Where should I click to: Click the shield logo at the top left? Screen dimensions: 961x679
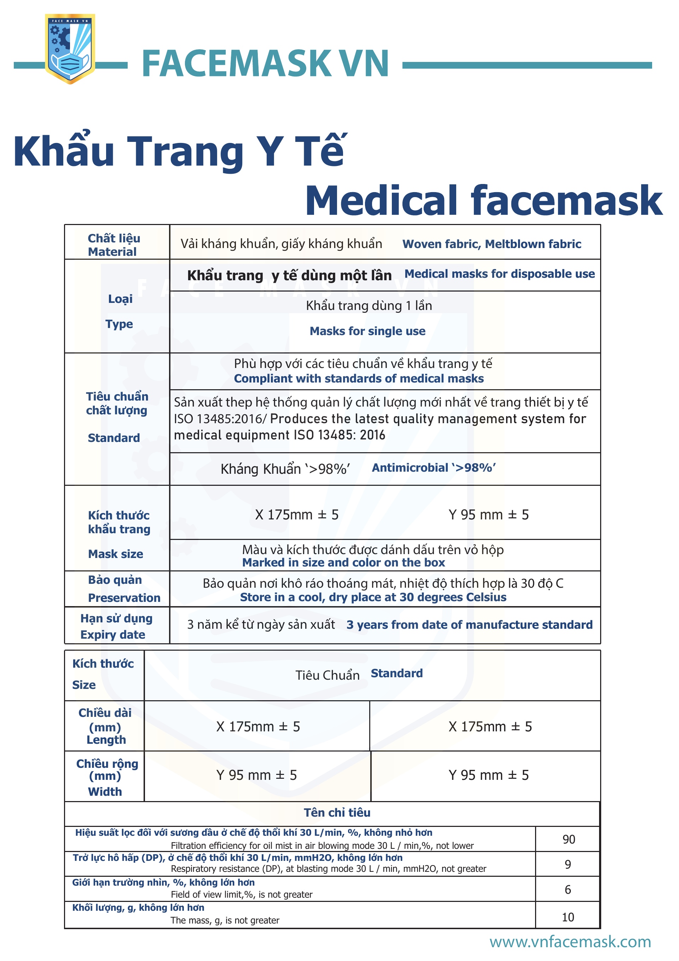tap(70, 48)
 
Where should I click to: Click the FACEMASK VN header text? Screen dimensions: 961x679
tap(265, 64)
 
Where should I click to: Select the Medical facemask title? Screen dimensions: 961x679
tap(483, 201)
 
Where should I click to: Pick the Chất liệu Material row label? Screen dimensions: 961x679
tap(114, 245)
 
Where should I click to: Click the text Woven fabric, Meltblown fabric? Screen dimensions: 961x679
tap(492, 244)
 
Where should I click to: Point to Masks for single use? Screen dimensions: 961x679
tap(367, 331)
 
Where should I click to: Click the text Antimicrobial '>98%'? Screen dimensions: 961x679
tap(434, 467)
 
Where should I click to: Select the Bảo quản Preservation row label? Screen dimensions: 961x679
tap(123, 588)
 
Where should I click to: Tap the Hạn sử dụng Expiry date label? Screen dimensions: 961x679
tap(116, 626)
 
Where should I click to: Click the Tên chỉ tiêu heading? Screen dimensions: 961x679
tap(337, 812)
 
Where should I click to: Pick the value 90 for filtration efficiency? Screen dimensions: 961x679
tap(569, 839)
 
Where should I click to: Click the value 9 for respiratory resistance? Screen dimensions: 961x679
tap(568, 864)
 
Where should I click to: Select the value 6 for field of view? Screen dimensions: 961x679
tap(568, 890)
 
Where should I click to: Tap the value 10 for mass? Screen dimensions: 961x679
tap(568, 917)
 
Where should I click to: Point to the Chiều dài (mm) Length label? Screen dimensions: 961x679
tap(105, 726)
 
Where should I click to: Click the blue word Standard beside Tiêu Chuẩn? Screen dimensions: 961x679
tap(396, 673)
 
